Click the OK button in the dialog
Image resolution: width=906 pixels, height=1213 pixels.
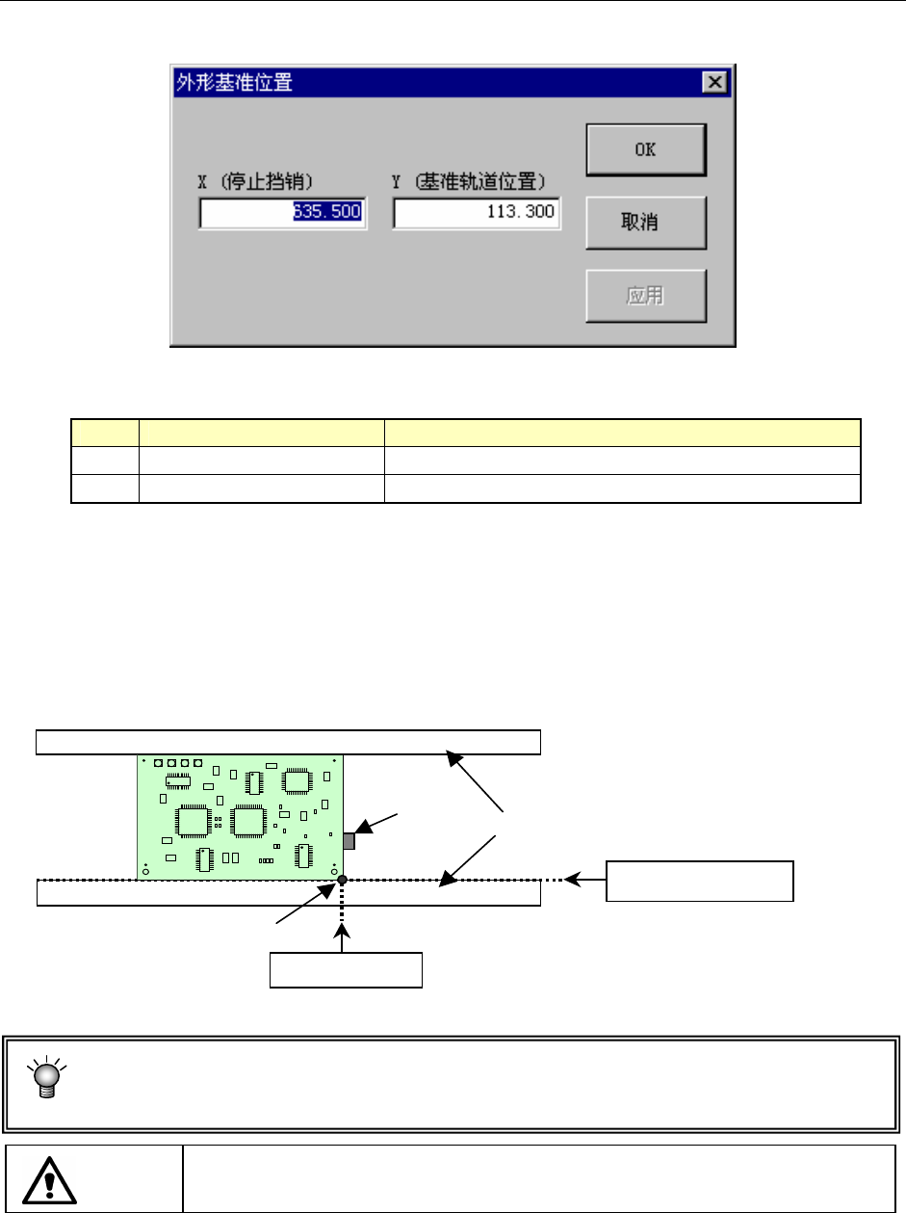(646, 149)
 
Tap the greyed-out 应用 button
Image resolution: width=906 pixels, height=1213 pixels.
(646, 295)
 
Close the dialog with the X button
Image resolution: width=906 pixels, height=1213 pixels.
(714, 83)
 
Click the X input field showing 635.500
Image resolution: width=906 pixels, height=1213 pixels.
(283, 213)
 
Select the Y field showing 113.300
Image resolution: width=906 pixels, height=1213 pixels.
(477, 213)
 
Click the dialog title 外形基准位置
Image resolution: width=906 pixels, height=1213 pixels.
(232, 83)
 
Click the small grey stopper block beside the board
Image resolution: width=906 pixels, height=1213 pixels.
(349, 841)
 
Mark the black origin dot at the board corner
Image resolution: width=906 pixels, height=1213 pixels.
(342, 880)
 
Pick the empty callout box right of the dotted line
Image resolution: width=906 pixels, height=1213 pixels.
(699, 881)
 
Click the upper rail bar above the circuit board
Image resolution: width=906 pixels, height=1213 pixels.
(288, 742)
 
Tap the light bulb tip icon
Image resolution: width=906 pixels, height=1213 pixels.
(44, 1076)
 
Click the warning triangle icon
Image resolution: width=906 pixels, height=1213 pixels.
(49, 1176)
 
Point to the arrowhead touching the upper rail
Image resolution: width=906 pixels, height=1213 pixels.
(450, 758)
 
